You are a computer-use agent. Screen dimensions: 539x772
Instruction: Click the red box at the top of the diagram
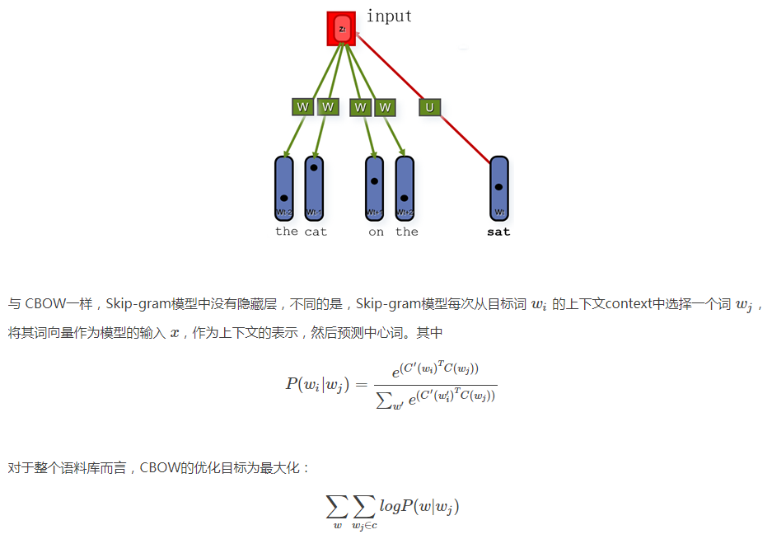point(340,28)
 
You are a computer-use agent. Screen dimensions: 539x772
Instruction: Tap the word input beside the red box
point(389,16)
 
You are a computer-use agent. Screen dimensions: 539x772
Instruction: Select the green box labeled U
point(429,107)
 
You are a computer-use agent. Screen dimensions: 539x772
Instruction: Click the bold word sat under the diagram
point(498,232)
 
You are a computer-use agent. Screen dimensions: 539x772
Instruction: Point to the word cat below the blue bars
point(316,232)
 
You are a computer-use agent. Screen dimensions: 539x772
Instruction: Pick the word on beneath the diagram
point(376,232)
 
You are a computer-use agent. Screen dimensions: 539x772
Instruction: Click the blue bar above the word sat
point(498,190)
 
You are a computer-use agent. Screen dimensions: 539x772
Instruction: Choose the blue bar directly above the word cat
point(314,190)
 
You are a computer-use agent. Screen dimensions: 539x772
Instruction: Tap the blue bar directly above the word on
point(375,190)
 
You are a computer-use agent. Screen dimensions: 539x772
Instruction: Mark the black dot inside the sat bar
point(498,187)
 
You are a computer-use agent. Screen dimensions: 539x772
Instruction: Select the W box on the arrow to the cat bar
point(328,107)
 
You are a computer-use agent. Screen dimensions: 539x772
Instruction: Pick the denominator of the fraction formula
point(435,397)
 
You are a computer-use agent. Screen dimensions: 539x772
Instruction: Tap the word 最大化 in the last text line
point(283,468)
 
